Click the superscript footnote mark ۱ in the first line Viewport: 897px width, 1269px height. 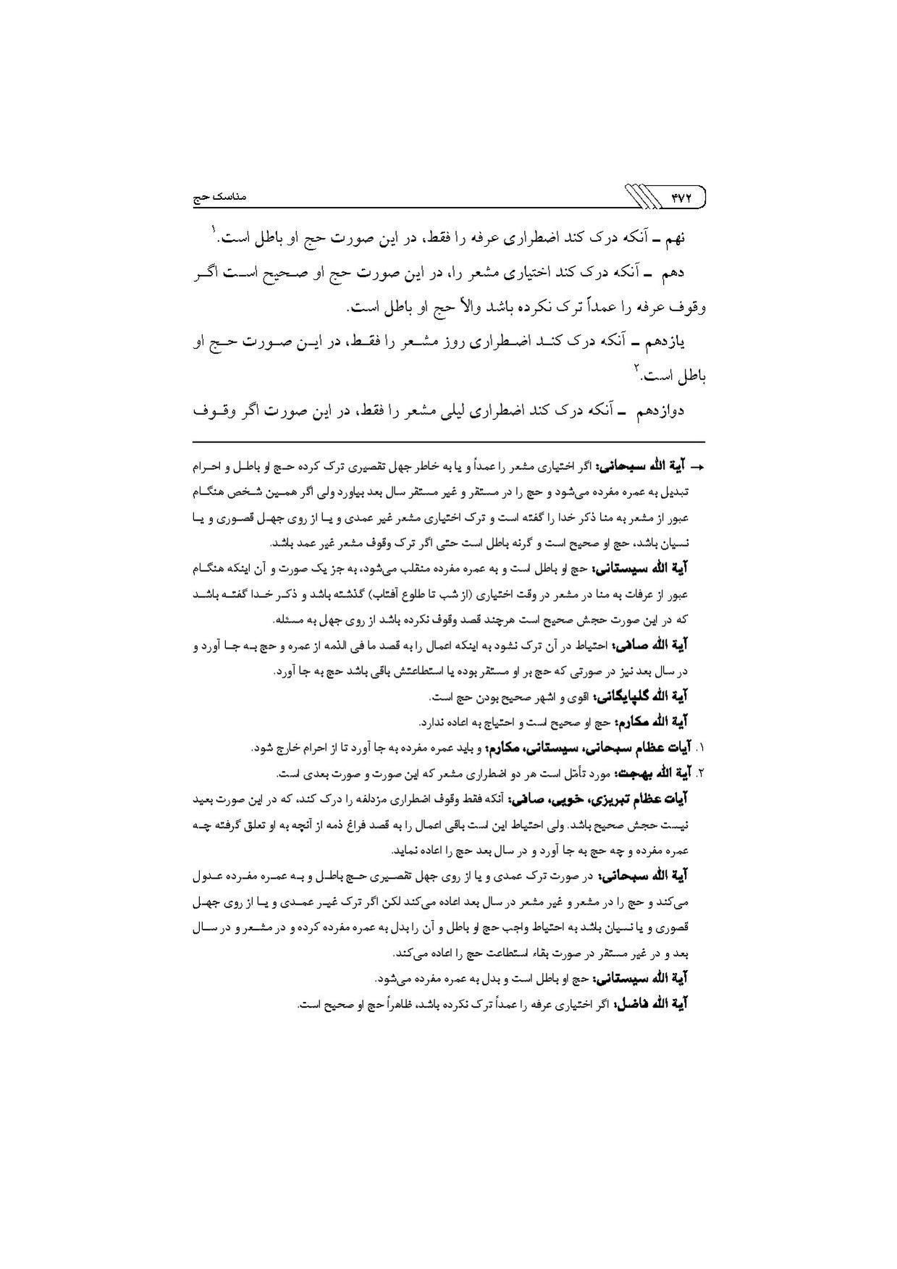214,231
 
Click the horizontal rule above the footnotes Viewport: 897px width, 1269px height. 449,442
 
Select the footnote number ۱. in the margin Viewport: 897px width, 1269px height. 699,748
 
